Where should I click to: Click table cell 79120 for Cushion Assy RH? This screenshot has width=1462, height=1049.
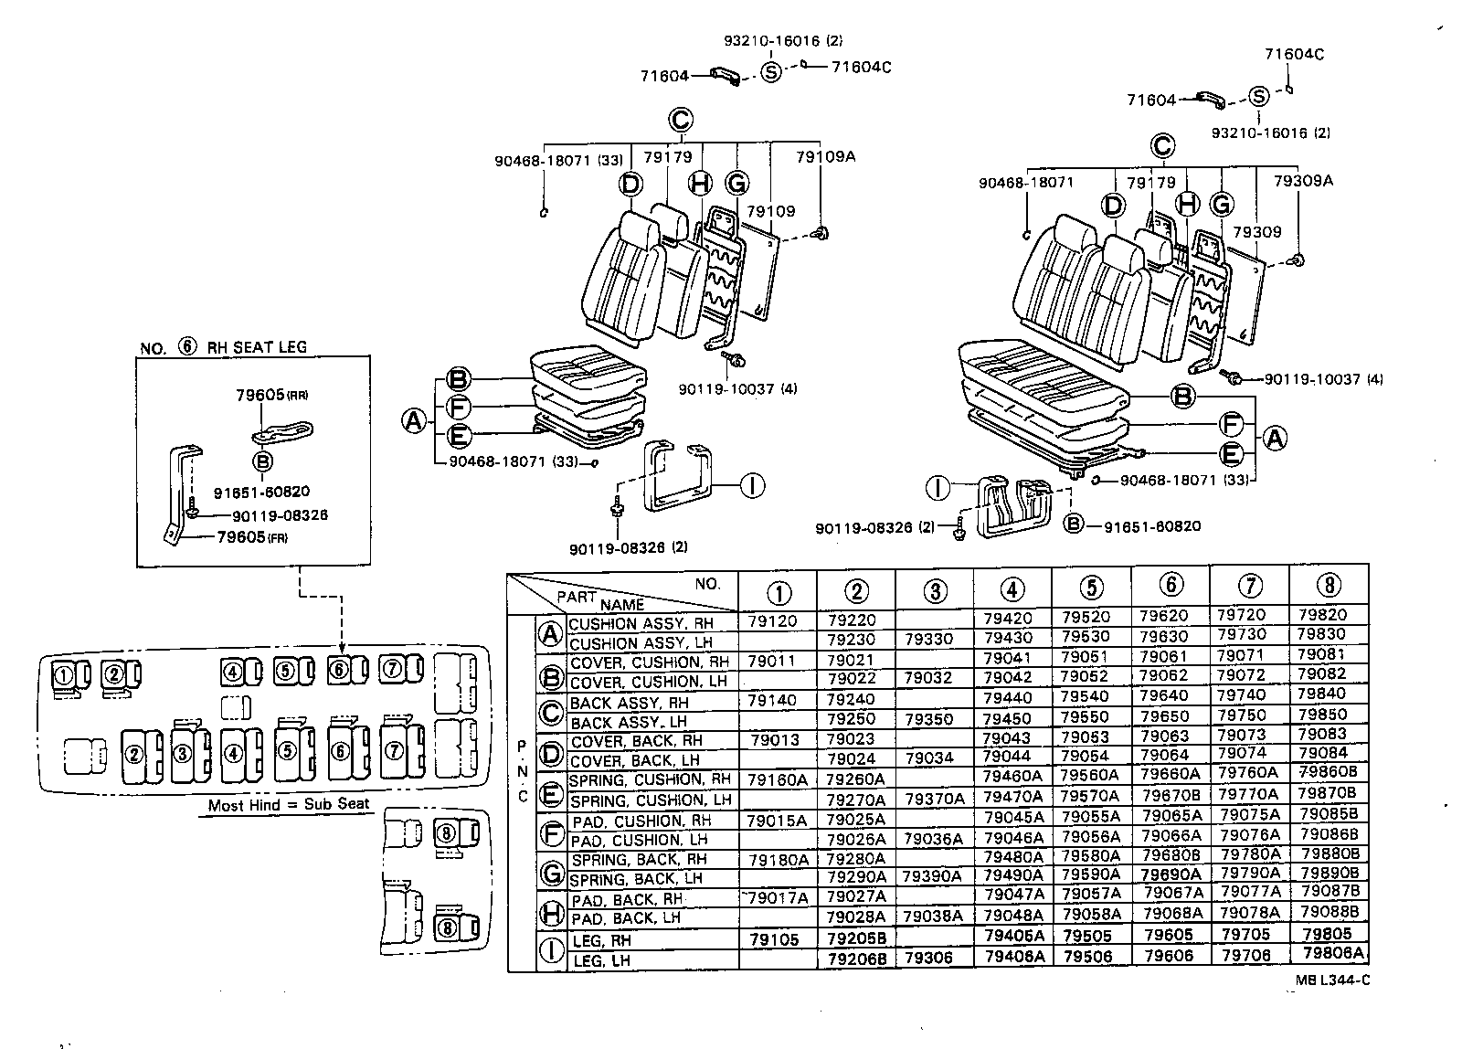tap(772, 620)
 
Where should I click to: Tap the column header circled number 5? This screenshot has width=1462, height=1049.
tap(1091, 588)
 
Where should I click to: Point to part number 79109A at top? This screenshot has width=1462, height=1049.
tap(825, 156)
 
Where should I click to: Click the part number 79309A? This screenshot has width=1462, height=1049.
tap(1302, 181)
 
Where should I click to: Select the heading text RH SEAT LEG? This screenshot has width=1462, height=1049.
tap(256, 347)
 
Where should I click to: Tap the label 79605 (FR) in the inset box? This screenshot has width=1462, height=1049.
tap(252, 536)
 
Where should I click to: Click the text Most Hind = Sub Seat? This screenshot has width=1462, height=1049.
tap(289, 804)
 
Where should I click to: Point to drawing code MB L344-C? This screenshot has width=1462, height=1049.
tap(1331, 980)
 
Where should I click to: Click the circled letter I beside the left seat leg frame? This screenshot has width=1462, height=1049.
tap(751, 485)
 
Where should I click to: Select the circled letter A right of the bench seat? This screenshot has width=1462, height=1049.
tap(1274, 439)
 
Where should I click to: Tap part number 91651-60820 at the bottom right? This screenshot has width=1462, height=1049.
tap(1152, 526)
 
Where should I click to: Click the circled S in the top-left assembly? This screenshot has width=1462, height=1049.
tap(771, 73)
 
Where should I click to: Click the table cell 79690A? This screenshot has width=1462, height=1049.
tap(1170, 874)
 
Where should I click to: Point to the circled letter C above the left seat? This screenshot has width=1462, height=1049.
tap(679, 119)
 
